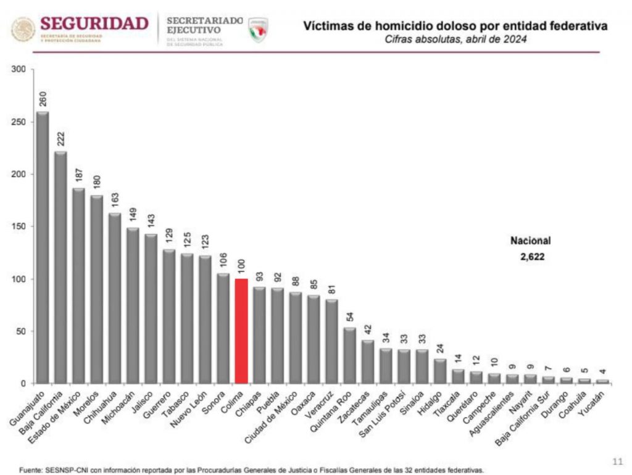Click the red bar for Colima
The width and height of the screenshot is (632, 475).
pyautogui.click(x=241, y=331)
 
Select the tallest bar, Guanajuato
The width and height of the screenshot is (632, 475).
pyautogui.click(x=43, y=247)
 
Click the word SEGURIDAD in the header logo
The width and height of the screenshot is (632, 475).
pyautogui.click(x=94, y=23)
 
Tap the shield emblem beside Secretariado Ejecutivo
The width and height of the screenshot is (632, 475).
pyautogui.click(x=257, y=29)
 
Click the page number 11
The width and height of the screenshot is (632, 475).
pyautogui.click(x=617, y=461)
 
